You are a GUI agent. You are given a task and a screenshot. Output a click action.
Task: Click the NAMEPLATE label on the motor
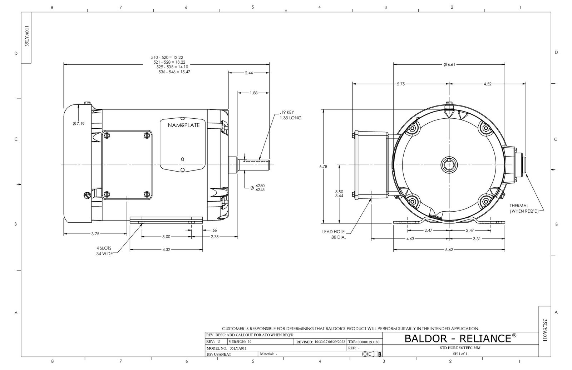(184, 125)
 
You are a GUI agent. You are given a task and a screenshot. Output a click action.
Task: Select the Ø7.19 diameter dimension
(78, 124)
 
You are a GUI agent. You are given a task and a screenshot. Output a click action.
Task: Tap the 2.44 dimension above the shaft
(249, 73)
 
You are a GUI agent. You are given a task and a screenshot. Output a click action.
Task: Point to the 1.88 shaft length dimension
(253, 93)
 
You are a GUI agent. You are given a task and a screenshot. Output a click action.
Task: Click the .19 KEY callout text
(287, 112)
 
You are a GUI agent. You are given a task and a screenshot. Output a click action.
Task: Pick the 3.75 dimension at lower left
(95, 234)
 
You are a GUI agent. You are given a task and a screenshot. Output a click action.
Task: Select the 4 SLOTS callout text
(104, 248)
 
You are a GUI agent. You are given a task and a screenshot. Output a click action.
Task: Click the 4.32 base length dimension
(166, 250)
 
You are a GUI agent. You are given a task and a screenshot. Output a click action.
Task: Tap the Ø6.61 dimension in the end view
(449, 65)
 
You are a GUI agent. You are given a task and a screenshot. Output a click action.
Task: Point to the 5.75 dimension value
(401, 84)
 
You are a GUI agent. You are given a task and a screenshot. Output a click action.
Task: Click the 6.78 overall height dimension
(323, 167)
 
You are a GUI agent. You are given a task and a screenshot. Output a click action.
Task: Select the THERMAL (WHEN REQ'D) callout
(524, 208)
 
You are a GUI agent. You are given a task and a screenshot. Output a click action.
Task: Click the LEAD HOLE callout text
(333, 232)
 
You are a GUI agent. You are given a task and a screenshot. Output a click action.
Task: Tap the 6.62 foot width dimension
(449, 250)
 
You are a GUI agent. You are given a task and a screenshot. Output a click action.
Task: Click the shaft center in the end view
(449, 165)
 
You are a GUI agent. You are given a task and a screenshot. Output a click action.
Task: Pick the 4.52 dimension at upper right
(487, 84)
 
